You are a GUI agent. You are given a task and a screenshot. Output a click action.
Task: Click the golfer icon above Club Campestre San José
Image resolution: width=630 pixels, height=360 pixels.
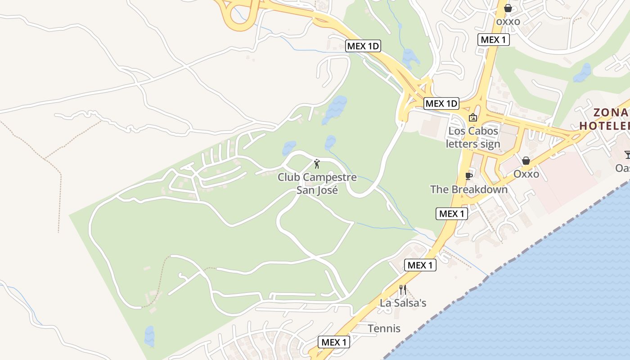tap(317, 163)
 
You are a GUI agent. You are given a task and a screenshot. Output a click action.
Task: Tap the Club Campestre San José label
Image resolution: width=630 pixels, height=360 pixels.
tap(317, 184)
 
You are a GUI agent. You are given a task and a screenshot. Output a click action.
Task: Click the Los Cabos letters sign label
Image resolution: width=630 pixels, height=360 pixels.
tap(473, 137)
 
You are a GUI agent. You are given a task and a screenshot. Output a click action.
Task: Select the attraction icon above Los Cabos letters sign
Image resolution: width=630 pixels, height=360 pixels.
tap(473, 118)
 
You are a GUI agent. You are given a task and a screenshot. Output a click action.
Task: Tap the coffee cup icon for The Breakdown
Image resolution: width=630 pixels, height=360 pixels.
tap(468, 176)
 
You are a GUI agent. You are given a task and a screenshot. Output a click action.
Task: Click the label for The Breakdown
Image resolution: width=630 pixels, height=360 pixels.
tap(469, 189)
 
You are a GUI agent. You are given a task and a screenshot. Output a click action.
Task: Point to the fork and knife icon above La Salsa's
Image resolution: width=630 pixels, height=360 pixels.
tap(403, 289)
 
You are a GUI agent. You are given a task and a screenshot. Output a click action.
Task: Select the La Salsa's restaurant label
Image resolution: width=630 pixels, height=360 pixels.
tap(403, 303)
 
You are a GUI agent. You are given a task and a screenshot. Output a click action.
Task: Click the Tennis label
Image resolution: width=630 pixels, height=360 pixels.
tap(384, 328)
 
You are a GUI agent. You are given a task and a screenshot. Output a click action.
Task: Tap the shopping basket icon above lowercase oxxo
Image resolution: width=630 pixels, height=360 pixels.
tap(508, 8)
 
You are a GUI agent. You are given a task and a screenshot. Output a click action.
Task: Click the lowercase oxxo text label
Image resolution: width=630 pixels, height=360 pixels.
tap(508, 21)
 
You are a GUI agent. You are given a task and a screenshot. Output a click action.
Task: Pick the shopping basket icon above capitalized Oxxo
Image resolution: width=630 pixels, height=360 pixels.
tap(526, 161)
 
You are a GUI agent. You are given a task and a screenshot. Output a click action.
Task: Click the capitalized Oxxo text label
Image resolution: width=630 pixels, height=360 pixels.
tap(526, 174)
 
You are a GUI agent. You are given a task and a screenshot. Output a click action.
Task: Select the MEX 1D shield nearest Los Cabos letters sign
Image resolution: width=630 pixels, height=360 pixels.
tap(441, 103)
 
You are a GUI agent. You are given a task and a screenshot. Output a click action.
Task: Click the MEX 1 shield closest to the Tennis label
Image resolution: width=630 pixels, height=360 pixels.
tap(334, 342)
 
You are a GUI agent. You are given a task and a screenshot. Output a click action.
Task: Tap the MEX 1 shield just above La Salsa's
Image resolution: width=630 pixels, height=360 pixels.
tap(420, 265)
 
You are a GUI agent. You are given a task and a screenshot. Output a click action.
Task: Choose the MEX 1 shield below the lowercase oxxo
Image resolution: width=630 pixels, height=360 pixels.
tap(494, 40)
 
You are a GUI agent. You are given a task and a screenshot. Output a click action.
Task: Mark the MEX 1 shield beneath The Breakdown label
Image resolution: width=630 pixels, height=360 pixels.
tap(452, 214)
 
